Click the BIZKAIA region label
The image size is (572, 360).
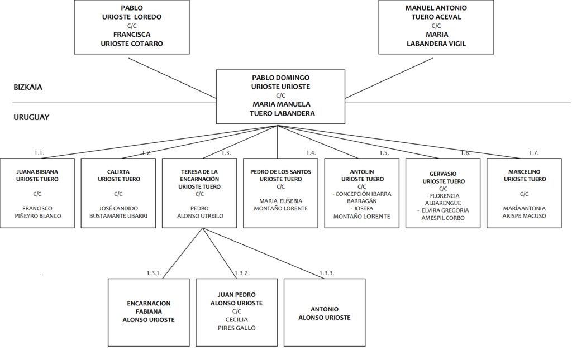(28, 87)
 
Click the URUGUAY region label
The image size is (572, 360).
(31, 117)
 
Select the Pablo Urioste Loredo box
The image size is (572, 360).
(132, 27)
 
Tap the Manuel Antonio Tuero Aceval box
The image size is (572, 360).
(436, 27)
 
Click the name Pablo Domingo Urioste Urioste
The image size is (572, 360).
(280, 82)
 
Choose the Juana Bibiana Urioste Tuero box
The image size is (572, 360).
(37, 193)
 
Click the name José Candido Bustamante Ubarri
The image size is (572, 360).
(118, 212)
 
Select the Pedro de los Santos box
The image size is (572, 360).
(280, 193)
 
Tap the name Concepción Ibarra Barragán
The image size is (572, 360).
(362, 198)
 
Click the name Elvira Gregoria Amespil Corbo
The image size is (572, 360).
(444, 214)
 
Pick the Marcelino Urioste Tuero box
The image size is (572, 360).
(524, 193)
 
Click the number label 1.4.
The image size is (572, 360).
(311, 153)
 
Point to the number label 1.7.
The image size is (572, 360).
(533, 153)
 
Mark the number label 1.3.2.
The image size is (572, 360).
(242, 273)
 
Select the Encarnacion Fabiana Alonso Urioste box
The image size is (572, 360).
(149, 312)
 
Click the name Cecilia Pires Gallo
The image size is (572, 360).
(236, 324)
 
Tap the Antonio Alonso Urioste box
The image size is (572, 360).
(325, 312)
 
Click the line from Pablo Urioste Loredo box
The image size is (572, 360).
(173, 78)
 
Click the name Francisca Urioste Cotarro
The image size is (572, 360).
(132, 39)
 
